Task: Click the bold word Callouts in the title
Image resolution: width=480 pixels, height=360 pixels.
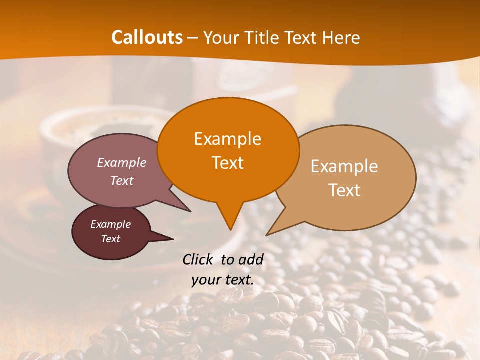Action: tap(147, 37)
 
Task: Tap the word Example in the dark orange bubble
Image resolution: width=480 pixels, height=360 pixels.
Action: tap(227, 139)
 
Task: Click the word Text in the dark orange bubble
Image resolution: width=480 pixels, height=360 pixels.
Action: tap(227, 163)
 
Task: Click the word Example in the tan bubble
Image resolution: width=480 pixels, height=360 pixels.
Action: tap(344, 166)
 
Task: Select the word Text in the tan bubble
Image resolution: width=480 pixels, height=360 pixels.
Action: tap(344, 190)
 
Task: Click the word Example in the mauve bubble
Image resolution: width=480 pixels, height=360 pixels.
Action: tap(122, 162)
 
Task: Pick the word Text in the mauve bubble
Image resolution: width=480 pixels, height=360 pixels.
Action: tap(122, 180)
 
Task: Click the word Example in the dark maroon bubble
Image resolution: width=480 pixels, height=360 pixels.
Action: tap(110, 224)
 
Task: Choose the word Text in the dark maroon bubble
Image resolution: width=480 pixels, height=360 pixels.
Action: tap(110, 239)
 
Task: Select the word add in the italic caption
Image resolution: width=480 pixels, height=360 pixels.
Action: tap(251, 259)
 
